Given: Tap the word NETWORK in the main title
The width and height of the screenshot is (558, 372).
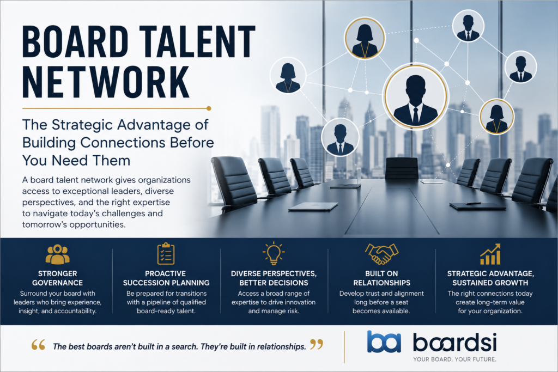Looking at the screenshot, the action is [106, 82].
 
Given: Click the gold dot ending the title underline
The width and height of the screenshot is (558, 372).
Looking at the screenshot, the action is [209, 108].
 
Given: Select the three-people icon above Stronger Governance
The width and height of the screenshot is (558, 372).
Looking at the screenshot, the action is [58, 254].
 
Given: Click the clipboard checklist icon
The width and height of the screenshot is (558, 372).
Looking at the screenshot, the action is [166, 254].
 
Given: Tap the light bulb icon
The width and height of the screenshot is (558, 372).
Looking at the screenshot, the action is [274, 253].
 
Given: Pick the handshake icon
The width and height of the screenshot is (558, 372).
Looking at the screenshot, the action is [381, 254].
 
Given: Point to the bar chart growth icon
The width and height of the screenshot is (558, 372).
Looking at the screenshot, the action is [490, 254].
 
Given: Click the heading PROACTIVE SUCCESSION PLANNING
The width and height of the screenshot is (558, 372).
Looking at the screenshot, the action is [166, 278].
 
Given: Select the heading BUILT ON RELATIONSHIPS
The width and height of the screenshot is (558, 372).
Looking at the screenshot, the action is [381, 278].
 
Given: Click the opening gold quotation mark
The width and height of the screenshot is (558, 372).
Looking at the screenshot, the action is [38, 345].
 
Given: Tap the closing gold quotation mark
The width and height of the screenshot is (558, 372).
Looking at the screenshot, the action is [317, 344].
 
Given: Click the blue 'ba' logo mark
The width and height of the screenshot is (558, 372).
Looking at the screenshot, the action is [384, 341].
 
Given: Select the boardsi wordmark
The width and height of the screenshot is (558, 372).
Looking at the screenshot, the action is [454, 343].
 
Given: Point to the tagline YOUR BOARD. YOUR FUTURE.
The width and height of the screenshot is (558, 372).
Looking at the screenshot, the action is [454, 359].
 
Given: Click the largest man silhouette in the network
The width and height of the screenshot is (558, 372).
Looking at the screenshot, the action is [416, 101].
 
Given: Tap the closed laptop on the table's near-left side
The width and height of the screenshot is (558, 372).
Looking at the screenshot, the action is [313, 206].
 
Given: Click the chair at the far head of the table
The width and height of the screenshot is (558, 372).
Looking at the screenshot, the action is [402, 168].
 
